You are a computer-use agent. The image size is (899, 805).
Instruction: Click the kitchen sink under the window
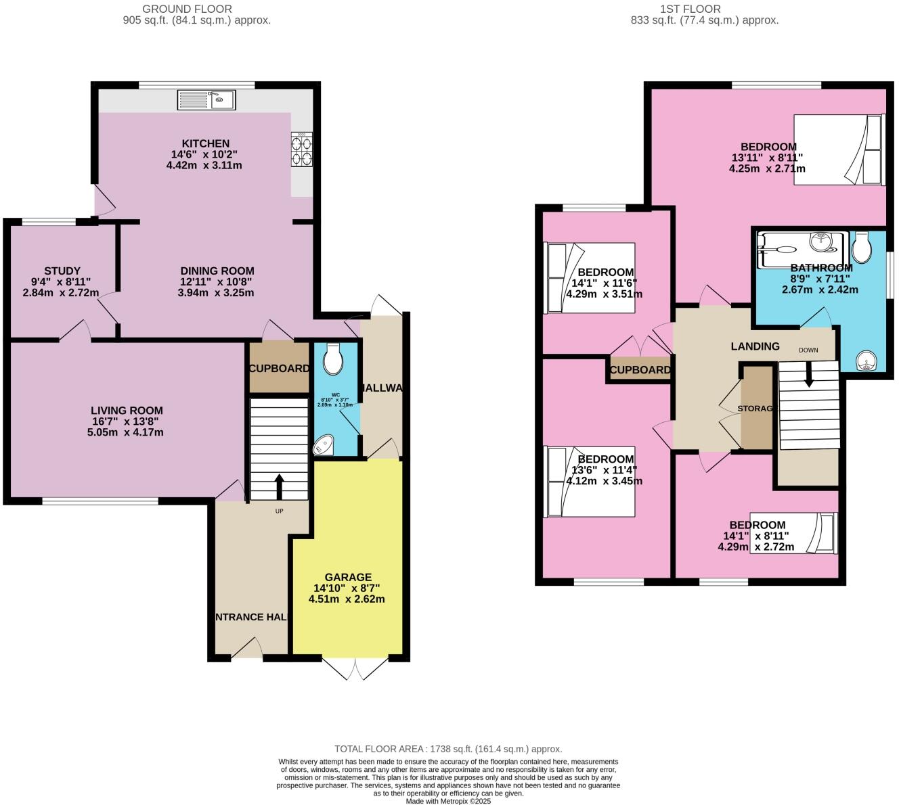pos(206,100)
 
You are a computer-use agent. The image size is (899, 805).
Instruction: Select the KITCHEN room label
pos(205,143)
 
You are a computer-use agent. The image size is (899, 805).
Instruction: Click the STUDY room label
pos(62,271)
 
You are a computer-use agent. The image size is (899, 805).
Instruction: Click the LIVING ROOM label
pos(127,410)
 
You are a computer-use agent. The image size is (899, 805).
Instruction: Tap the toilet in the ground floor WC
pos(333,359)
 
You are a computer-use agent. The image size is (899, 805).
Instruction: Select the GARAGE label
pos(347,577)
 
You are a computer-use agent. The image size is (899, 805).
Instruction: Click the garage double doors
pos(355,668)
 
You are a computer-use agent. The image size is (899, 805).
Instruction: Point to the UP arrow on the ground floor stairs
pos(279,486)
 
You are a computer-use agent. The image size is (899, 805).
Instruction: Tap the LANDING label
pos(755,346)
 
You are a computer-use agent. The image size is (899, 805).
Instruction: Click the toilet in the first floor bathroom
pos(862,248)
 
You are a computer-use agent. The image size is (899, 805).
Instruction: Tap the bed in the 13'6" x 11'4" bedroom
pos(590,482)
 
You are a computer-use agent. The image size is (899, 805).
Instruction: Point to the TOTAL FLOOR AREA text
pos(448,749)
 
